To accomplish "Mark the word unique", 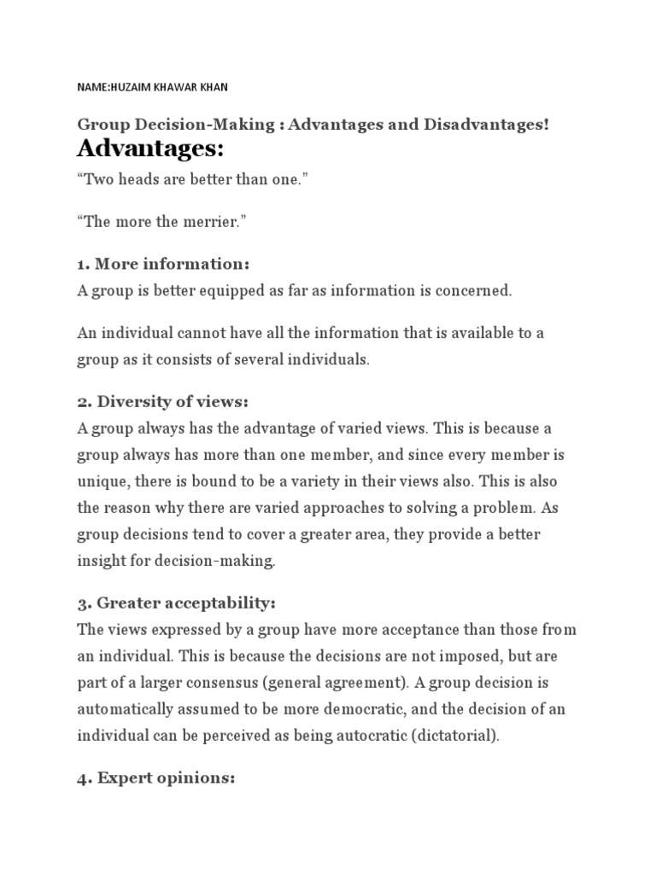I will tap(102, 481).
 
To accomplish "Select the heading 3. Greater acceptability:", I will tap(177, 603).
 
